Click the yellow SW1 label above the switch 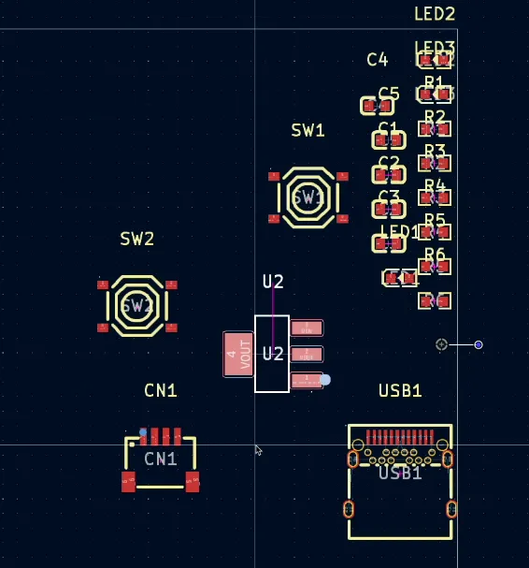pyautogui.click(x=307, y=131)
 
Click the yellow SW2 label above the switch pyautogui.click(x=136, y=239)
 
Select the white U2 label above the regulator pyautogui.click(x=273, y=282)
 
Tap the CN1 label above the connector pyautogui.click(x=161, y=390)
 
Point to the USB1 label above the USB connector pyautogui.click(x=400, y=390)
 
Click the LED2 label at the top pyautogui.click(x=435, y=14)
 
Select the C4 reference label pyautogui.click(x=377, y=60)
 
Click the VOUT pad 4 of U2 pyautogui.click(x=238, y=355)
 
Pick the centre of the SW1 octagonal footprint pyautogui.click(x=307, y=197)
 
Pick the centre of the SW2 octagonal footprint pyautogui.click(x=136, y=305)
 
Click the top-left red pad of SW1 pyautogui.click(x=274, y=176)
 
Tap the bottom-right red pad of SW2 pyautogui.click(x=171, y=328)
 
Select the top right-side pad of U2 pyautogui.click(x=307, y=328)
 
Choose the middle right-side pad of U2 pyautogui.click(x=307, y=355)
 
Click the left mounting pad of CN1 pyautogui.click(x=129, y=482)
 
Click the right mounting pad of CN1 pyautogui.click(x=193, y=482)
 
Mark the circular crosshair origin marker pyautogui.click(x=441, y=344)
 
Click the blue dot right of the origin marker pyautogui.click(x=479, y=345)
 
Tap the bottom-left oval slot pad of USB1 pyautogui.click(x=349, y=509)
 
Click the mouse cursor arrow pyautogui.click(x=258, y=450)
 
